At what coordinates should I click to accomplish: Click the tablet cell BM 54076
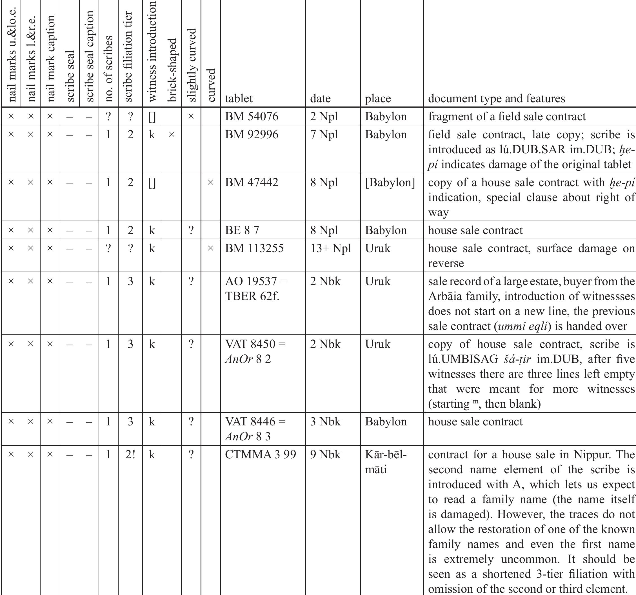click(x=252, y=117)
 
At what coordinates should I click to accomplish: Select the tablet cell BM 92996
click(x=252, y=134)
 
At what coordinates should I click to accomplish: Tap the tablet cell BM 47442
click(x=252, y=183)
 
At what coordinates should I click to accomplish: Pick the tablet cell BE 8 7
click(x=242, y=230)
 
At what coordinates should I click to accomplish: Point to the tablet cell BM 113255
click(x=254, y=248)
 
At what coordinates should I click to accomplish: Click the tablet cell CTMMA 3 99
click(x=261, y=454)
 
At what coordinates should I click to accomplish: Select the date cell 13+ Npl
click(x=330, y=248)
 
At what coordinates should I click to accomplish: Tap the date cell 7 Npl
click(x=324, y=134)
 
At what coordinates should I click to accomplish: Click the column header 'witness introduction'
click(x=152, y=51)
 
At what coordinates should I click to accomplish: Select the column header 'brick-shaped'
click(x=172, y=70)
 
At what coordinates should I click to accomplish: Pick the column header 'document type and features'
click(x=497, y=99)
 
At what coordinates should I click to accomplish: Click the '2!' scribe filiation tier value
click(x=130, y=454)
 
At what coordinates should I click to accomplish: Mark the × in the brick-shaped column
click(x=172, y=134)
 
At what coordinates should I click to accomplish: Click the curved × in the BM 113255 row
click(x=210, y=248)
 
